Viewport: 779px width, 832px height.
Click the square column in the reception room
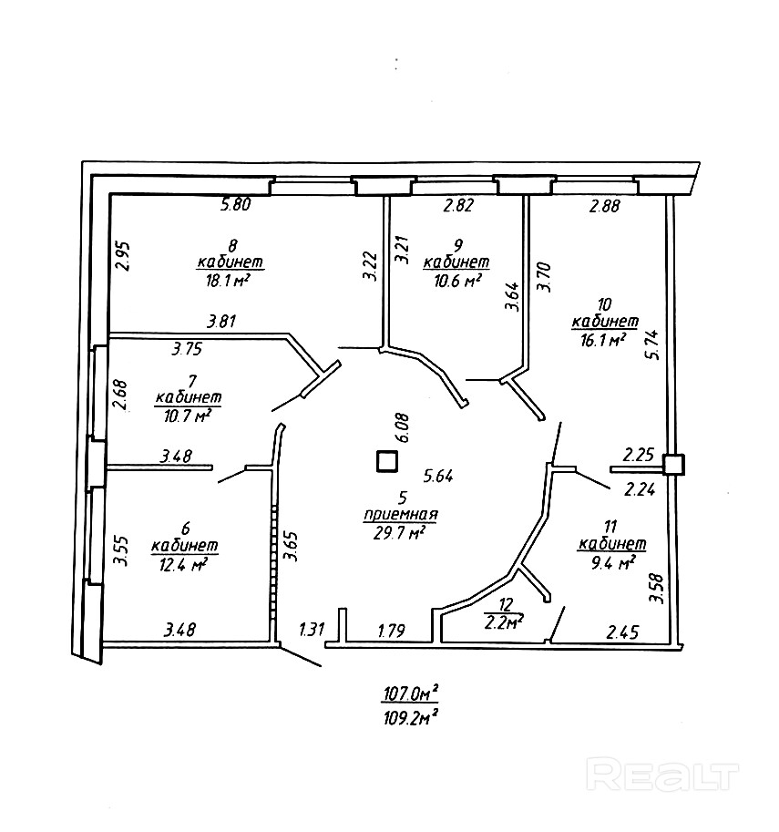[x=387, y=461]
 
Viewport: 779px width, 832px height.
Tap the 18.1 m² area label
[x=228, y=281]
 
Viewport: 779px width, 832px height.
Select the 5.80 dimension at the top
[x=236, y=204]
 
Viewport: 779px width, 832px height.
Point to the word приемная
[x=401, y=514]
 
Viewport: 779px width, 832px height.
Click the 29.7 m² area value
[x=400, y=532]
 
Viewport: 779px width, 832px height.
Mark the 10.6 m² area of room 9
[x=457, y=281]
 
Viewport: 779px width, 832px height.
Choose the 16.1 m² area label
[x=602, y=340]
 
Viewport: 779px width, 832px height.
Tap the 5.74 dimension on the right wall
[x=654, y=344]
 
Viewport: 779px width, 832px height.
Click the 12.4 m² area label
[x=183, y=565]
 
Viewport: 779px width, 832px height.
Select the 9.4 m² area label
[x=613, y=562]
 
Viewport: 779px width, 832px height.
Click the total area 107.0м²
[x=411, y=693]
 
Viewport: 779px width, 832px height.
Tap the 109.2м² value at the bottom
[x=411, y=718]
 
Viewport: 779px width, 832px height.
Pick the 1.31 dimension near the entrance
[x=312, y=630]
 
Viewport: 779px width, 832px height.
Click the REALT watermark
[x=662, y=776]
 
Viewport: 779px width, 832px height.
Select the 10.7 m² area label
[x=188, y=416]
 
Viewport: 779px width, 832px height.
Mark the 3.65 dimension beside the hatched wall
[x=291, y=546]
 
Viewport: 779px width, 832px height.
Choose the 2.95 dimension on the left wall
[x=123, y=257]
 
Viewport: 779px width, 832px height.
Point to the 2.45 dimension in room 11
[x=622, y=632]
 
